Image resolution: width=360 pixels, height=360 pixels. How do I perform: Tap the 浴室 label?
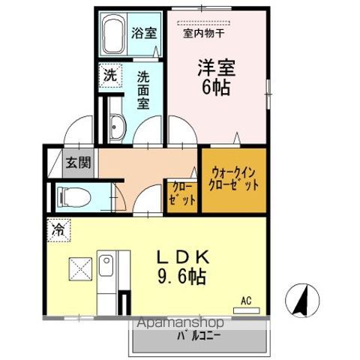[x=144, y=33]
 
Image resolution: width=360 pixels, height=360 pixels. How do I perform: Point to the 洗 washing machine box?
[x=110, y=75]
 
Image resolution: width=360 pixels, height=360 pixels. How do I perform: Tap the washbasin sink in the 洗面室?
[x=115, y=128]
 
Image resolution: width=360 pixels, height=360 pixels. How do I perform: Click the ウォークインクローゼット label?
[x=235, y=178]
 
